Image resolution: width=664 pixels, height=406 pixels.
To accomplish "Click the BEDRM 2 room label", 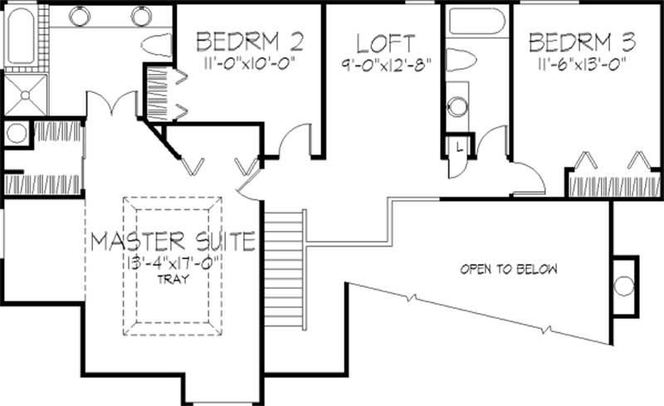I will coord(249,41).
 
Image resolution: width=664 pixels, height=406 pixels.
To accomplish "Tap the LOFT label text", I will coord(386,42).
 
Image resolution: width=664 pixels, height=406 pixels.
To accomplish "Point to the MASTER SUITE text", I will coord(173,242).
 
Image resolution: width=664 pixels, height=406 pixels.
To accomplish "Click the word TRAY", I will coord(173,279).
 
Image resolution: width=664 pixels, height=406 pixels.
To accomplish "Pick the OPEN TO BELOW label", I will coord(510,269).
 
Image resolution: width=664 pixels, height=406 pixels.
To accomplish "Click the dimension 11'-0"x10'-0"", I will coord(249,61).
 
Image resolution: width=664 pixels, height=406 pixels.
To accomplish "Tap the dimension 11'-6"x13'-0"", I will coord(576,61).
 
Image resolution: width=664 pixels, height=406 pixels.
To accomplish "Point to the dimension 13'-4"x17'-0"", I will coord(173,262).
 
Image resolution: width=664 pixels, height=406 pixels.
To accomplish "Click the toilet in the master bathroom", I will coord(157,43).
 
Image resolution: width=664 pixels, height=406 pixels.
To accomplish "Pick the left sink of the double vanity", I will coord(79,16).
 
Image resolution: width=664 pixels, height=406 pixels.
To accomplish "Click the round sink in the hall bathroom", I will coord(458,107).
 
